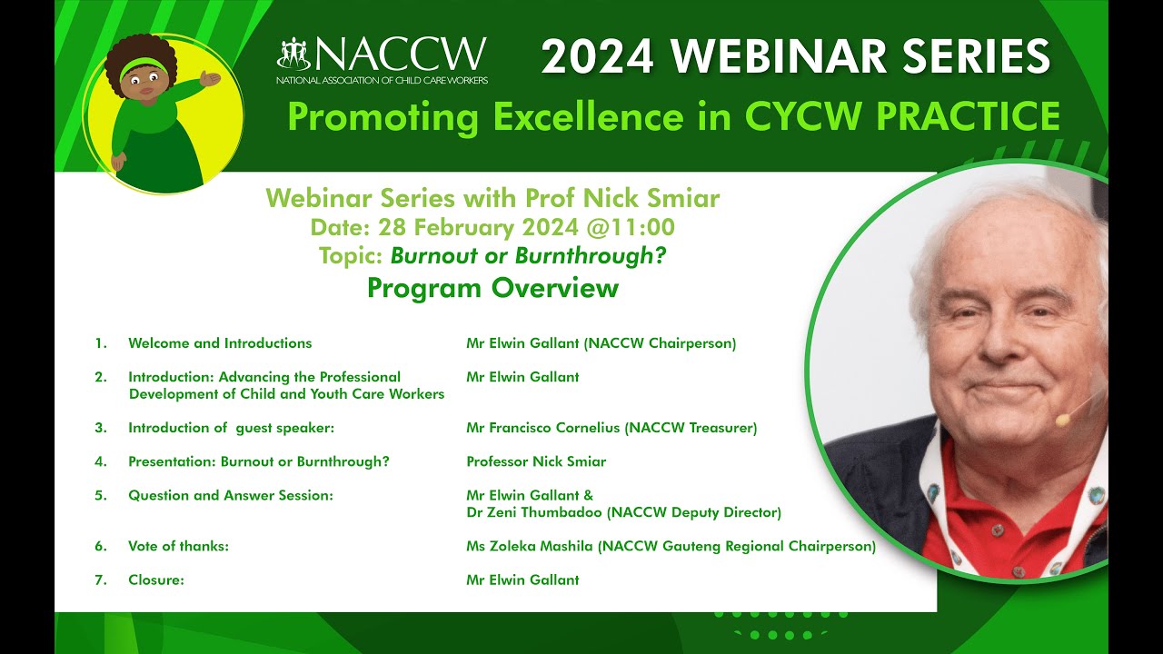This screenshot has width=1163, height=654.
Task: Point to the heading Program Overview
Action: point(492,288)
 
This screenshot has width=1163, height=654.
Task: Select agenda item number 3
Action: point(101,428)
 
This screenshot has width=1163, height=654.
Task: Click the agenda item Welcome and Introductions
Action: point(220,343)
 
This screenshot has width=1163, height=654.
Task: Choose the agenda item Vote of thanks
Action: point(178,547)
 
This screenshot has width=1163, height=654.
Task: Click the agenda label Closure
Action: point(155,580)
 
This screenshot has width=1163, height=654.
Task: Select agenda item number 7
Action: point(101,580)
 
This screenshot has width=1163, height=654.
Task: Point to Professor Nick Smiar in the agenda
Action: point(536,461)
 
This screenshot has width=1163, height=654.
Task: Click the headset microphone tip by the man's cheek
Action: point(1060,420)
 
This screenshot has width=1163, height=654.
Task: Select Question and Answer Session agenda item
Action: point(231,496)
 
